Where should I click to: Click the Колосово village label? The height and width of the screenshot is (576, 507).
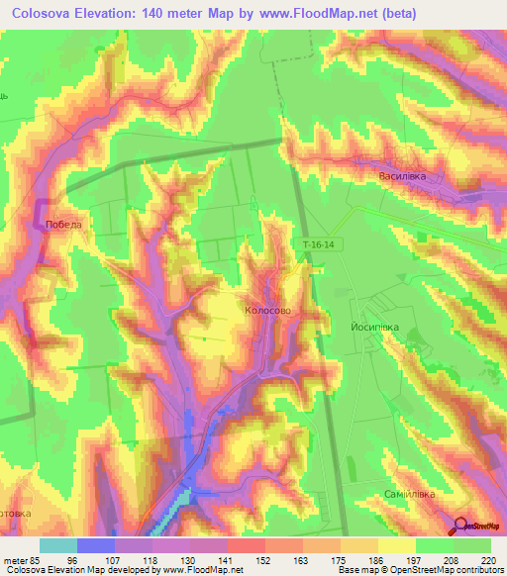(x=267, y=310)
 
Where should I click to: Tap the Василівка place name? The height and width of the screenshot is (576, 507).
(x=402, y=176)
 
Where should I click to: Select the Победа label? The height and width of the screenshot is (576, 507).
(x=63, y=225)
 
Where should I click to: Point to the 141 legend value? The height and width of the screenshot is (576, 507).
(x=227, y=559)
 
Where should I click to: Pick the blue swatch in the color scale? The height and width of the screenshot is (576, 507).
(x=96, y=545)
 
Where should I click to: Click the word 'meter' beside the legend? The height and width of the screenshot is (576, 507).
(x=14, y=559)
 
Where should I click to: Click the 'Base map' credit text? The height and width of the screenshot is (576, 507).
(x=361, y=570)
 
